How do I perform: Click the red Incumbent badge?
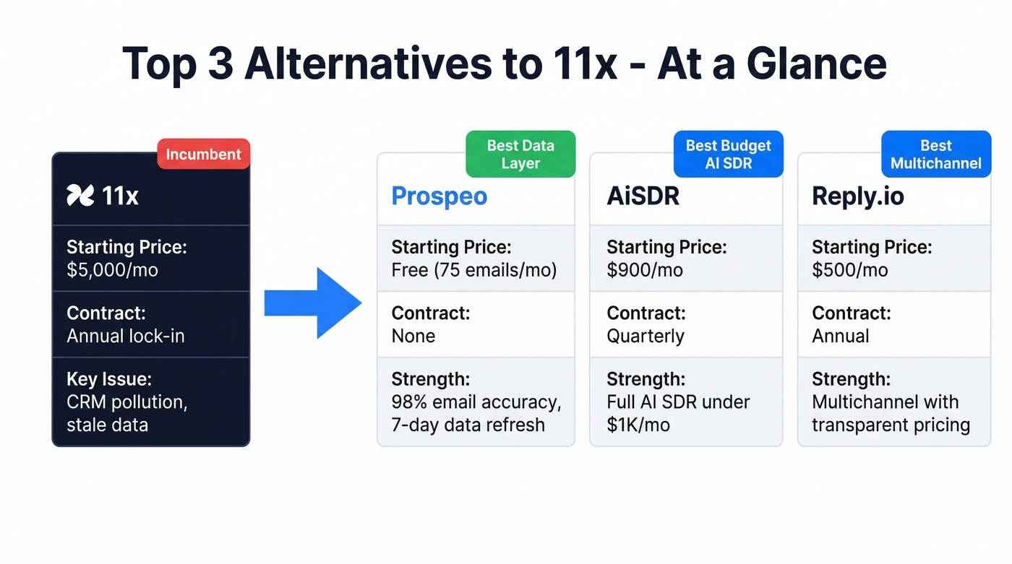click(x=203, y=154)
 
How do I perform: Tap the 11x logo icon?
click(x=80, y=195)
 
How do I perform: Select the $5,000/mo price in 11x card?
click(x=112, y=270)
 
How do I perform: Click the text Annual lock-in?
click(x=125, y=336)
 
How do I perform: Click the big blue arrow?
click(x=312, y=303)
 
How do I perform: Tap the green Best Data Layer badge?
click(x=520, y=154)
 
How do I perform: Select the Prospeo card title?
click(x=439, y=196)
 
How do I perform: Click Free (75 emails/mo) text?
click(x=474, y=270)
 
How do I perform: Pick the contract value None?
click(x=413, y=336)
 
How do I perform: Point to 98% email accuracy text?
click(x=476, y=402)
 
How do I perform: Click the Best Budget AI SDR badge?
click(x=729, y=154)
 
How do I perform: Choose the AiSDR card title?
click(x=643, y=196)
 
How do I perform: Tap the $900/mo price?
click(x=645, y=270)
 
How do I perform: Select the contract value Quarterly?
click(x=645, y=336)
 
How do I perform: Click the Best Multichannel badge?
click(x=936, y=154)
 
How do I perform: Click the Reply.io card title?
click(x=857, y=196)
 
